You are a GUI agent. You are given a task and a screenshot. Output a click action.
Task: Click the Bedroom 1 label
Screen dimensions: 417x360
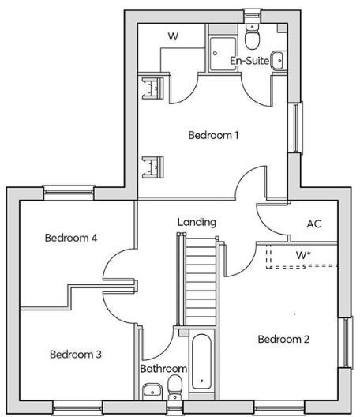(x=213, y=135)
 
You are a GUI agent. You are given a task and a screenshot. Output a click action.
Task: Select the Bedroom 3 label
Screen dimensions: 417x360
(x=75, y=355)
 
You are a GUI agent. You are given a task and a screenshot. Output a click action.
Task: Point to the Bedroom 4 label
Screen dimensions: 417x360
(x=70, y=238)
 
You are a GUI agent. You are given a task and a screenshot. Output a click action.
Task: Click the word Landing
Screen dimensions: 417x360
(x=197, y=222)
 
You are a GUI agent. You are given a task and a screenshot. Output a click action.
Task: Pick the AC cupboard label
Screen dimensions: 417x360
(x=314, y=224)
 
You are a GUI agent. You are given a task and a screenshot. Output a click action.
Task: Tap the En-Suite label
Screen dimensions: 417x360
(x=247, y=61)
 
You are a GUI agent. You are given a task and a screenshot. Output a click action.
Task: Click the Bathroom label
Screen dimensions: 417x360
(x=163, y=369)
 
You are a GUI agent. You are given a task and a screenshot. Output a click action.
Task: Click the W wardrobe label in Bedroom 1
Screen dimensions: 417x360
(x=174, y=36)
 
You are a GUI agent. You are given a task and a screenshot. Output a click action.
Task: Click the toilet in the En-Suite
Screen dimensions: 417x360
(x=252, y=36)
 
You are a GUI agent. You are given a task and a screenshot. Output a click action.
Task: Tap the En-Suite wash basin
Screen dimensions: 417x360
(x=278, y=61)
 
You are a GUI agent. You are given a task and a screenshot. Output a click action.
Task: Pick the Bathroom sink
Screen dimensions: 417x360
(x=150, y=389)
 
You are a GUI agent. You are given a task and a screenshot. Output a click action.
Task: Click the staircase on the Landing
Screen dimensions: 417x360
(x=200, y=283)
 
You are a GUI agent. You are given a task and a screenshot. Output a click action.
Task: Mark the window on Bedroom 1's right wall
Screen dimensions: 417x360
(x=295, y=127)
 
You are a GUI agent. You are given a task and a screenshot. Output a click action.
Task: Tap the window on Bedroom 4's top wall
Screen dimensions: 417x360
(x=69, y=190)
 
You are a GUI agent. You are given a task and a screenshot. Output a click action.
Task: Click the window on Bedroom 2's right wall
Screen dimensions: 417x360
(x=344, y=342)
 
